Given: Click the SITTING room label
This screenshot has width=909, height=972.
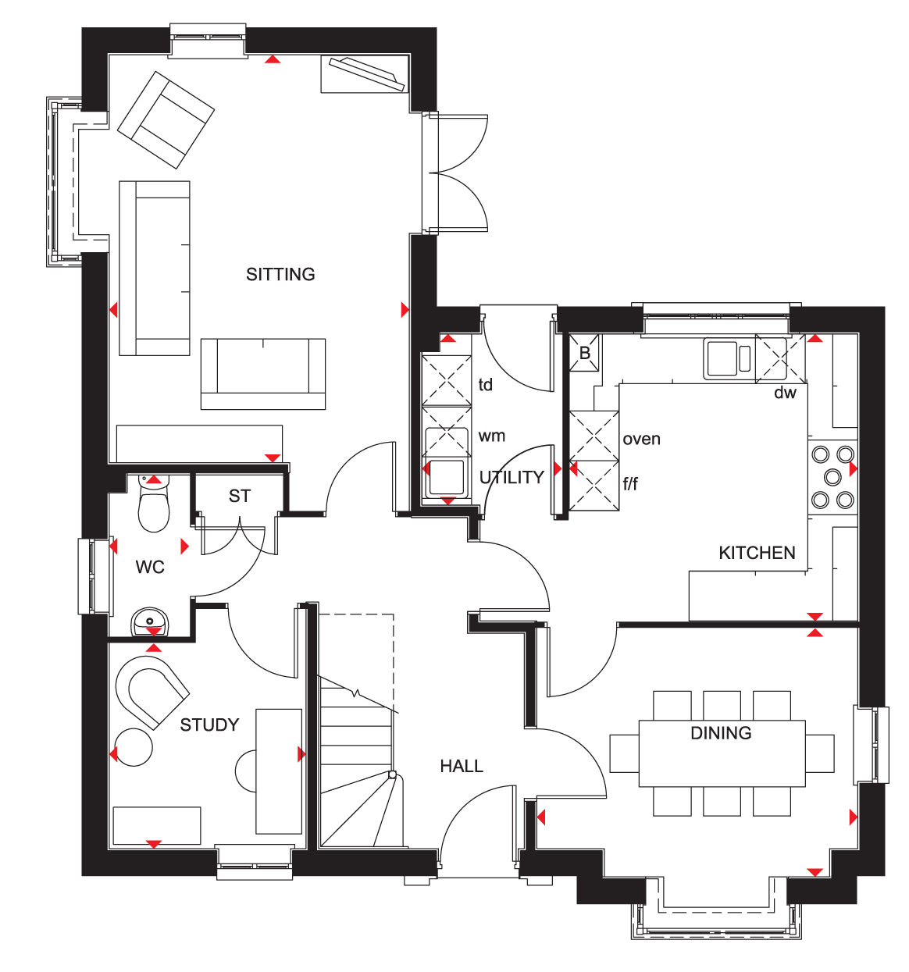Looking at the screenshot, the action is [x=280, y=275].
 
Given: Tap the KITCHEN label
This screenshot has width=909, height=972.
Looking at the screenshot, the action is [x=757, y=553].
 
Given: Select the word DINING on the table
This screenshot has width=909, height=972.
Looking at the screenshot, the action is [x=721, y=733].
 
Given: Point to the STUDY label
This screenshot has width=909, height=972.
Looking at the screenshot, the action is [x=209, y=725].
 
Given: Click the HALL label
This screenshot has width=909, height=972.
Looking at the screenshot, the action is [x=462, y=766].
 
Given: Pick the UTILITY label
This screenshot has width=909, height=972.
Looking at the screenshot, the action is [x=512, y=477].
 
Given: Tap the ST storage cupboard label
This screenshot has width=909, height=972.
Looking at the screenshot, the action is [x=240, y=497].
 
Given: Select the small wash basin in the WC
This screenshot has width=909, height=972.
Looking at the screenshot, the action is [x=150, y=621].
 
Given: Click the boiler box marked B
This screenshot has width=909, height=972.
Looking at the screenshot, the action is [x=584, y=353].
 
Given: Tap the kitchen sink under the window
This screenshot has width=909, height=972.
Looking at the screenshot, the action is [x=727, y=359].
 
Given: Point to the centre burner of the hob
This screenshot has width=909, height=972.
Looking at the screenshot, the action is [x=832, y=477].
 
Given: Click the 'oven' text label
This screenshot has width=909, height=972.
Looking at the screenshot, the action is [x=641, y=439].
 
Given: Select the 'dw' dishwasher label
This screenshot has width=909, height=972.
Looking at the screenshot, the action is [x=785, y=393].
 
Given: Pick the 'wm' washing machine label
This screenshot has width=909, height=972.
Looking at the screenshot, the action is [x=491, y=436].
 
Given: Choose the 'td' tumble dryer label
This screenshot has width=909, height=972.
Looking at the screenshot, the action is [x=486, y=385].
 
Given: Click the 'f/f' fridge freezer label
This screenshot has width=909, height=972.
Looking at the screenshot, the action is [x=630, y=484].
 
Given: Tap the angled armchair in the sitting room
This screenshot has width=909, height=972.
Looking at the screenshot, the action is [x=166, y=120].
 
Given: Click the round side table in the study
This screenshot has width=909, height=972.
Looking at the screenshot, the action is [x=134, y=747].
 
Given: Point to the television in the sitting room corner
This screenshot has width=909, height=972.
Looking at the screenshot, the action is [x=367, y=74].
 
